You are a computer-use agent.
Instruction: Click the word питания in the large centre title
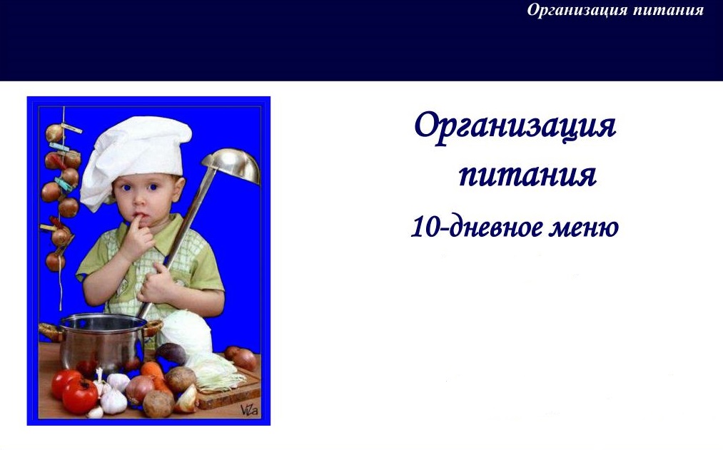(x=527, y=175)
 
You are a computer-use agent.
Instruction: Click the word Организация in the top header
(x=577, y=10)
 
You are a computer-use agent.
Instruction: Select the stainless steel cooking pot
(x=101, y=341)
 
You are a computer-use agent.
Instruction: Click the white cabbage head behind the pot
(x=186, y=332)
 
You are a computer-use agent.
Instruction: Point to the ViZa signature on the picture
(x=249, y=409)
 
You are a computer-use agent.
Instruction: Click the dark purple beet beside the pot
(x=171, y=354)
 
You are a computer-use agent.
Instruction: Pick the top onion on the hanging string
(x=54, y=133)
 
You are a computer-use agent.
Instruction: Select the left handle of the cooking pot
(x=49, y=331)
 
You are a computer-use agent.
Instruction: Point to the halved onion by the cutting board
(x=187, y=399)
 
